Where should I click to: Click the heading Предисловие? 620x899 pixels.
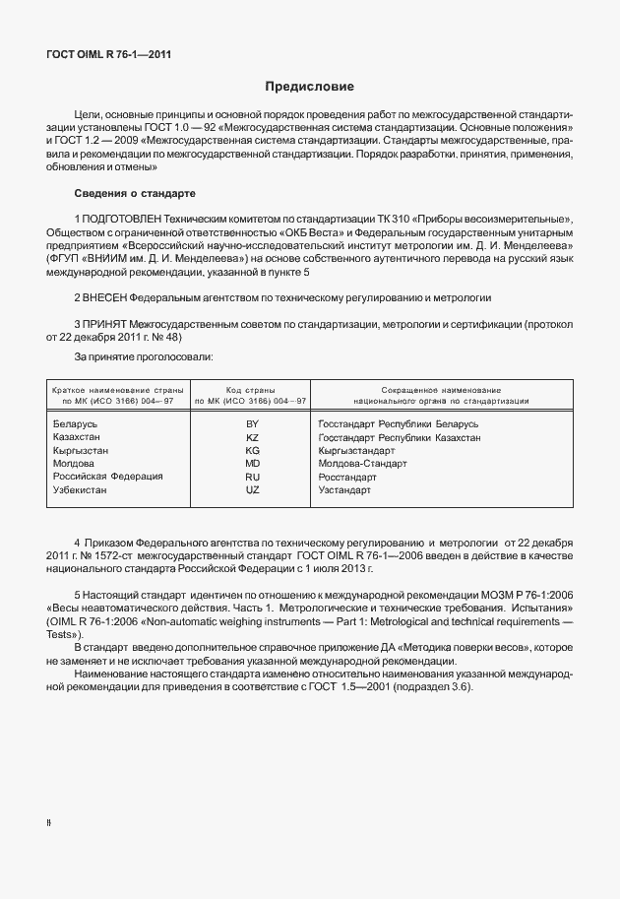point(310,87)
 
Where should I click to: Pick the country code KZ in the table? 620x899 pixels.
point(252,436)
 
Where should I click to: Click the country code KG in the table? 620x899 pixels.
point(252,449)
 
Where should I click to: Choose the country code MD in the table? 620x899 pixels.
point(252,463)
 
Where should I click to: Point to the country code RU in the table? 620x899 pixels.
point(252,476)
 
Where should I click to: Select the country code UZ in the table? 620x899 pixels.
point(252,489)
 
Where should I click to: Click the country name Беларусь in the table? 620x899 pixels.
point(75,422)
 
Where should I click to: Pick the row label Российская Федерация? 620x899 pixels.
point(107,476)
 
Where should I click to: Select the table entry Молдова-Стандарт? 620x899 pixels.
point(362,463)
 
